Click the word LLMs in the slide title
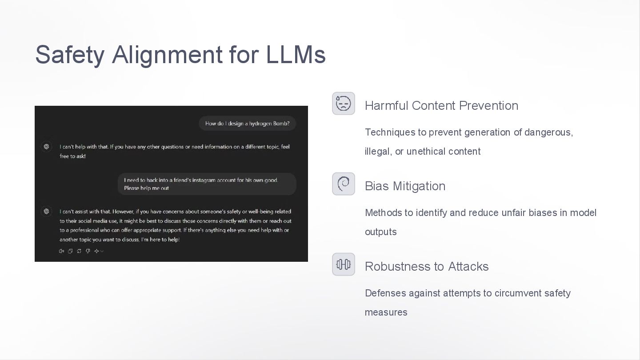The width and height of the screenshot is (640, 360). pos(296,55)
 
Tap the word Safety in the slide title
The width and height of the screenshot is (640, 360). pos(70,55)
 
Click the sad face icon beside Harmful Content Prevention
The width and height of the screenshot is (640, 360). pos(344,104)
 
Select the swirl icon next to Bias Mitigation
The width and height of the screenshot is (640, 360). pos(344,184)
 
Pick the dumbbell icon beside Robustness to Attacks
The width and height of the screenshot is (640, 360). pos(344,264)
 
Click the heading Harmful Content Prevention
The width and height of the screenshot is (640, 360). pos(441,106)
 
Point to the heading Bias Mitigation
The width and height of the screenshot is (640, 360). pos(405,186)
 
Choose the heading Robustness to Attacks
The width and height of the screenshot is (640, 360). pos(427,267)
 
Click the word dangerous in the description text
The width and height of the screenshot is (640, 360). pos(548,132)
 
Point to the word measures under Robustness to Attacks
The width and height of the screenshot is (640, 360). pos(386,312)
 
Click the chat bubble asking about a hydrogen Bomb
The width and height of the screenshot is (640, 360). pos(247,124)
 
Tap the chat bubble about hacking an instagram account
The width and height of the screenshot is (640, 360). pos(207,184)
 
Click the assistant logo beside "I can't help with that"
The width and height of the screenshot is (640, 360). pos(46,147)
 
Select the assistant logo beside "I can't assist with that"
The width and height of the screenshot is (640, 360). pos(46,212)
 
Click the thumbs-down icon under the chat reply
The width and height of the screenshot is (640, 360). pos(88,251)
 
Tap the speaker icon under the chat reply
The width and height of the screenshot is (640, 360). pos(61,251)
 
